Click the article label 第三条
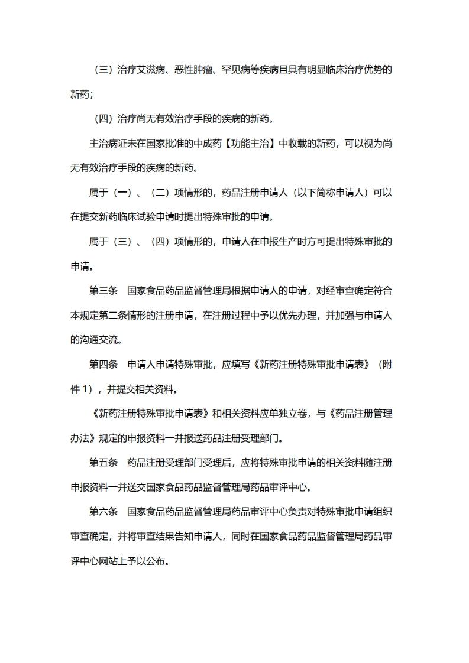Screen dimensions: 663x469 104,290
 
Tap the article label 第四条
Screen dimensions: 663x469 104,364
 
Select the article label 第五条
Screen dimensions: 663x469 104,462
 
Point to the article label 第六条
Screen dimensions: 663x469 104,511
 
